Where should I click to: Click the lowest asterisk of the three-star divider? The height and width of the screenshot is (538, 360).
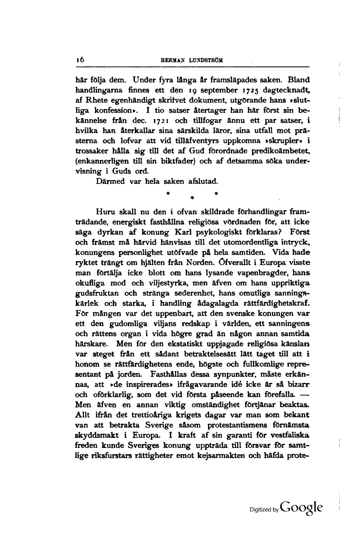click(x=191, y=198)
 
